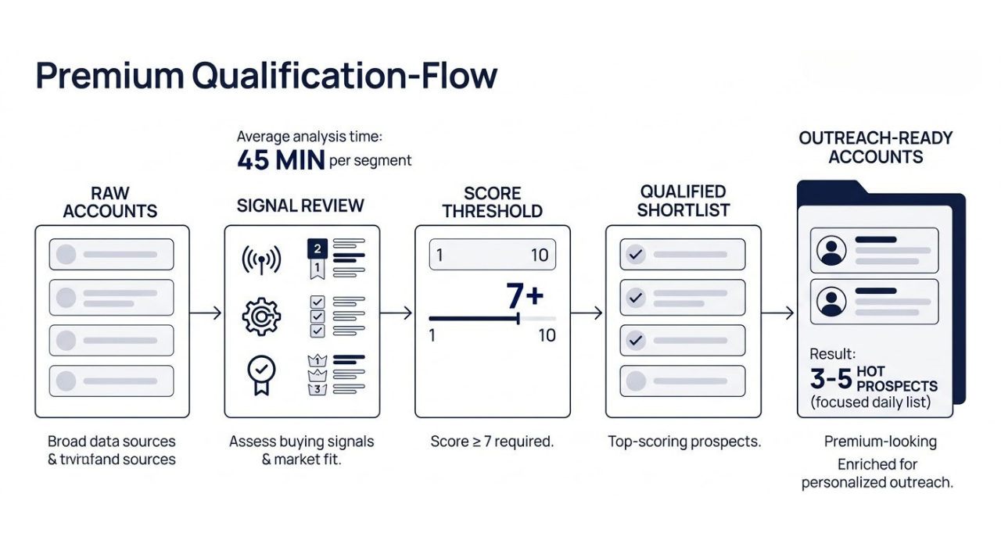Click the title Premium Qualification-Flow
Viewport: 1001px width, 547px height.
point(266,77)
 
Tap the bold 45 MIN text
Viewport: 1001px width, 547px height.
point(281,161)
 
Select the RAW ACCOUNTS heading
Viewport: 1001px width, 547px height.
point(110,202)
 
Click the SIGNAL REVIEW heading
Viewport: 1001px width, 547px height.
point(300,206)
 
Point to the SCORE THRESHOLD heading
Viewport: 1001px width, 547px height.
point(492,202)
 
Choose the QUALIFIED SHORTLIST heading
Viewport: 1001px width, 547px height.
point(683,201)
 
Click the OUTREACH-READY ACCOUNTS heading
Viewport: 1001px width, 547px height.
point(875,147)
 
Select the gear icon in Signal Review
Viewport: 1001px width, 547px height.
point(261,316)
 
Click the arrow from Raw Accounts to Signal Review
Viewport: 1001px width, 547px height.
point(206,313)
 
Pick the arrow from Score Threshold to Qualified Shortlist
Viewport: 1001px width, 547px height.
point(587,313)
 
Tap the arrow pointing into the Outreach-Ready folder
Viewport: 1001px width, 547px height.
point(778,313)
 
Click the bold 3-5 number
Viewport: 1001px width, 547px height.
point(831,379)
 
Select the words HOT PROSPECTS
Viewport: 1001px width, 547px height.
point(896,379)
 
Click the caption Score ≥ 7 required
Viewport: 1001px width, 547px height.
point(492,442)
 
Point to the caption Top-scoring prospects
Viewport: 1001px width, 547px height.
point(684,442)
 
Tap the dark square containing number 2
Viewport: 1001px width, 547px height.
point(317,249)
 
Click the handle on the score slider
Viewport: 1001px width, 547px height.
point(518,318)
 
